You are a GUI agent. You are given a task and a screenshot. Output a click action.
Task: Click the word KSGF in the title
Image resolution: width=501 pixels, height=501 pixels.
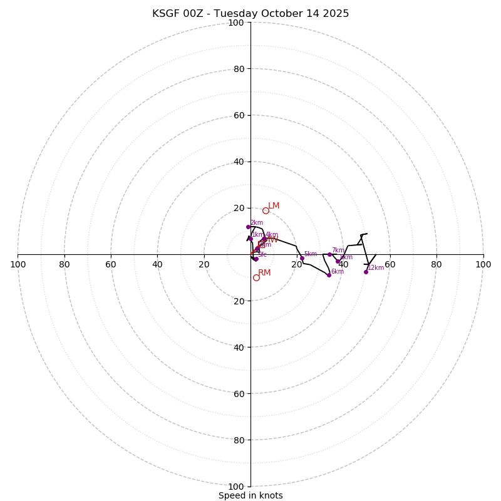[x=166, y=14]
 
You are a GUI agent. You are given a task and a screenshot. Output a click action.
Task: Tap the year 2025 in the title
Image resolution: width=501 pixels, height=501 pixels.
[x=335, y=14]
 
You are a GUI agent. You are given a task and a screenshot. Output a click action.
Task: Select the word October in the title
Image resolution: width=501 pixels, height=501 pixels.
[x=272, y=14]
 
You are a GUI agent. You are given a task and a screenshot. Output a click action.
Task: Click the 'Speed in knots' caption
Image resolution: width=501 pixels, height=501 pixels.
[x=250, y=495]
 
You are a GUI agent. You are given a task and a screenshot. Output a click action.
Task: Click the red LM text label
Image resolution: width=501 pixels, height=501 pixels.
[x=274, y=206]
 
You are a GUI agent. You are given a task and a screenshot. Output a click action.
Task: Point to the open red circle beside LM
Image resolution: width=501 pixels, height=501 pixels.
[x=266, y=210]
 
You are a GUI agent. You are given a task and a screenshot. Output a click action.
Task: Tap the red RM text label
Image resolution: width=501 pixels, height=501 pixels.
[x=264, y=273]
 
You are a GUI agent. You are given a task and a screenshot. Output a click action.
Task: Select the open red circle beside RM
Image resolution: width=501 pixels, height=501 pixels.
[x=256, y=277]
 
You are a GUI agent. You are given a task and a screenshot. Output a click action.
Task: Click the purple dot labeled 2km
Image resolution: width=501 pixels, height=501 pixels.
[x=248, y=227]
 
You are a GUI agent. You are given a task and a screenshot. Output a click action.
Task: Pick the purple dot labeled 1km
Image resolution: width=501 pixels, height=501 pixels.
[x=250, y=239]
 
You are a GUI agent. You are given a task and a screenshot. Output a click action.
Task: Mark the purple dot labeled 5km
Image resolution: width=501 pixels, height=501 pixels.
[x=302, y=258]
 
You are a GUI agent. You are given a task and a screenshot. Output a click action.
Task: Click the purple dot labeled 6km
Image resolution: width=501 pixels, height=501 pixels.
[x=329, y=275]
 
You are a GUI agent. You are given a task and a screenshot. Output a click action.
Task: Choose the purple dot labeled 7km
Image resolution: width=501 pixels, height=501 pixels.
[x=329, y=254]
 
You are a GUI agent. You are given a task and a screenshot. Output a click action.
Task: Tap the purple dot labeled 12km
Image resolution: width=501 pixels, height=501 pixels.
[x=366, y=272]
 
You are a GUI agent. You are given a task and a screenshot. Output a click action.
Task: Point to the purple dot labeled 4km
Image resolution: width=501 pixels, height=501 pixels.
[x=264, y=239]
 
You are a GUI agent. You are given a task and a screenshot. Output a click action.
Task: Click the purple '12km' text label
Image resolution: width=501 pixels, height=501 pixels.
[x=376, y=268]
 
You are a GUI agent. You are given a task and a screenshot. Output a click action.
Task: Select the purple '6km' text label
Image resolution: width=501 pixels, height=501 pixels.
[x=338, y=272]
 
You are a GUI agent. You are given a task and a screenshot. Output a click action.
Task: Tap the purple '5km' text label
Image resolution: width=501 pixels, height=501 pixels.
[x=311, y=254]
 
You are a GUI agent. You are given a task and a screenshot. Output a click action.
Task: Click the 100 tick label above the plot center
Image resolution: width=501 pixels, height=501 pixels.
[x=236, y=23]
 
